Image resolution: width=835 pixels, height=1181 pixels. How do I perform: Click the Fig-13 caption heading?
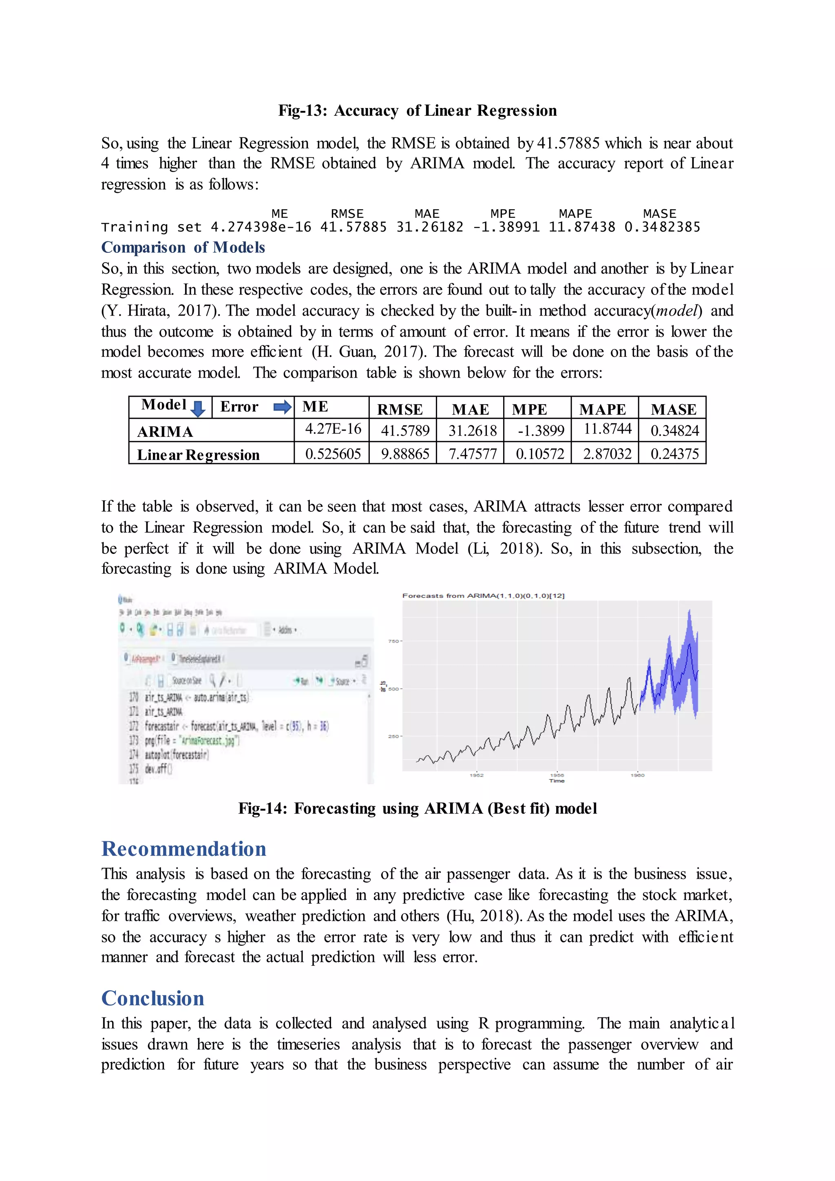click(x=417, y=111)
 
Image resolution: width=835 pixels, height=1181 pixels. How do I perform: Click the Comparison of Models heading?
click(x=183, y=248)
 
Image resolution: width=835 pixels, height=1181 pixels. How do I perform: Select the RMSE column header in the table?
click(x=400, y=409)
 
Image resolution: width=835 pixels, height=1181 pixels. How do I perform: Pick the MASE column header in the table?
click(x=673, y=409)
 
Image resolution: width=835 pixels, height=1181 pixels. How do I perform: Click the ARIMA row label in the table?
click(x=165, y=431)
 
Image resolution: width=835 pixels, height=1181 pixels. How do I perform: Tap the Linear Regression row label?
click(x=198, y=455)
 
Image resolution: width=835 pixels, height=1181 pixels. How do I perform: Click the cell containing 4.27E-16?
click(x=333, y=429)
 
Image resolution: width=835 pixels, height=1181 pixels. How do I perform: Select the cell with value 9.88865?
click(x=404, y=453)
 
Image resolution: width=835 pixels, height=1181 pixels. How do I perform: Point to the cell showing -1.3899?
click(x=540, y=431)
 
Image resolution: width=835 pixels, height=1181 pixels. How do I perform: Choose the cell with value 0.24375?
click(x=674, y=453)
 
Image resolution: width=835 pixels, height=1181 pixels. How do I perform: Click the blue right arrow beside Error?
click(x=282, y=407)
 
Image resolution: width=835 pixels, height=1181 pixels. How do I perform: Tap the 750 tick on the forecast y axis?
click(x=393, y=641)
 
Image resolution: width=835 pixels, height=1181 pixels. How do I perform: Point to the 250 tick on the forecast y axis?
click(x=393, y=736)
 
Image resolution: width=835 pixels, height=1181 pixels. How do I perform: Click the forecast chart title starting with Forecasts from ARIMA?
click(x=483, y=596)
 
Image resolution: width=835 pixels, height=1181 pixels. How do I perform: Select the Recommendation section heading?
click(x=183, y=849)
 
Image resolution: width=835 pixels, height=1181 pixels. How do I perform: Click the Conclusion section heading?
click(x=153, y=998)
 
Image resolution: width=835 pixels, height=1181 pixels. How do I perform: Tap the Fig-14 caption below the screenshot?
click(x=417, y=809)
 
